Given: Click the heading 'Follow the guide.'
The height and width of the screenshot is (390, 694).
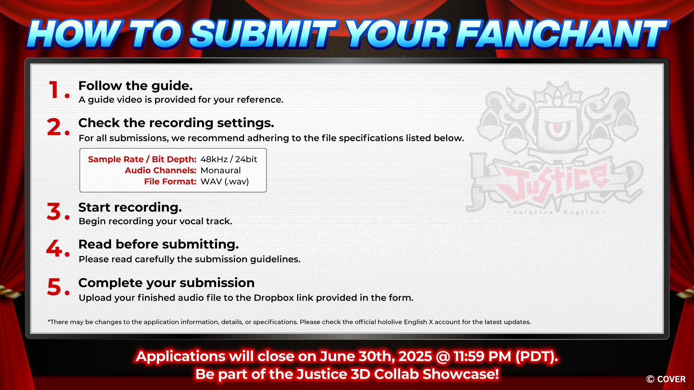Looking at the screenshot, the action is [x=136, y=86].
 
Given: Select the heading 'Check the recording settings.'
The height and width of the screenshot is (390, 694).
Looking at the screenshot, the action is [x=176, y=123].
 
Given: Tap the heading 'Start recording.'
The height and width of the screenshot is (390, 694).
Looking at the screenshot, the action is [x=130, y=208].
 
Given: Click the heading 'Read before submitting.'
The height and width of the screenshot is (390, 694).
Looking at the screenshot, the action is [x=159, y=244].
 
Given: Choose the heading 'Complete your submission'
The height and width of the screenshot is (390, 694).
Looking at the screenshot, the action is [x=167, y=283].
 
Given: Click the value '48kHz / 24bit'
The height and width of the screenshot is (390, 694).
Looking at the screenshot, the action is [x=229, y=159].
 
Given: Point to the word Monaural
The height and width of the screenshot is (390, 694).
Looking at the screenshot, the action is [x=220, y=170].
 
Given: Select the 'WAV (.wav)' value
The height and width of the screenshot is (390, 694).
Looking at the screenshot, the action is [x=225, y=182].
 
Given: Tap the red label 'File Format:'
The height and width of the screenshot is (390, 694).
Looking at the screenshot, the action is [x=170, y=182].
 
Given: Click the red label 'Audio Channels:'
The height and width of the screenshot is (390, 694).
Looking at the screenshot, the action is [x=160, y=170].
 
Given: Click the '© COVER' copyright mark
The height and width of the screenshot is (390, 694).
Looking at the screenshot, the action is [x=666, y=379].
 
